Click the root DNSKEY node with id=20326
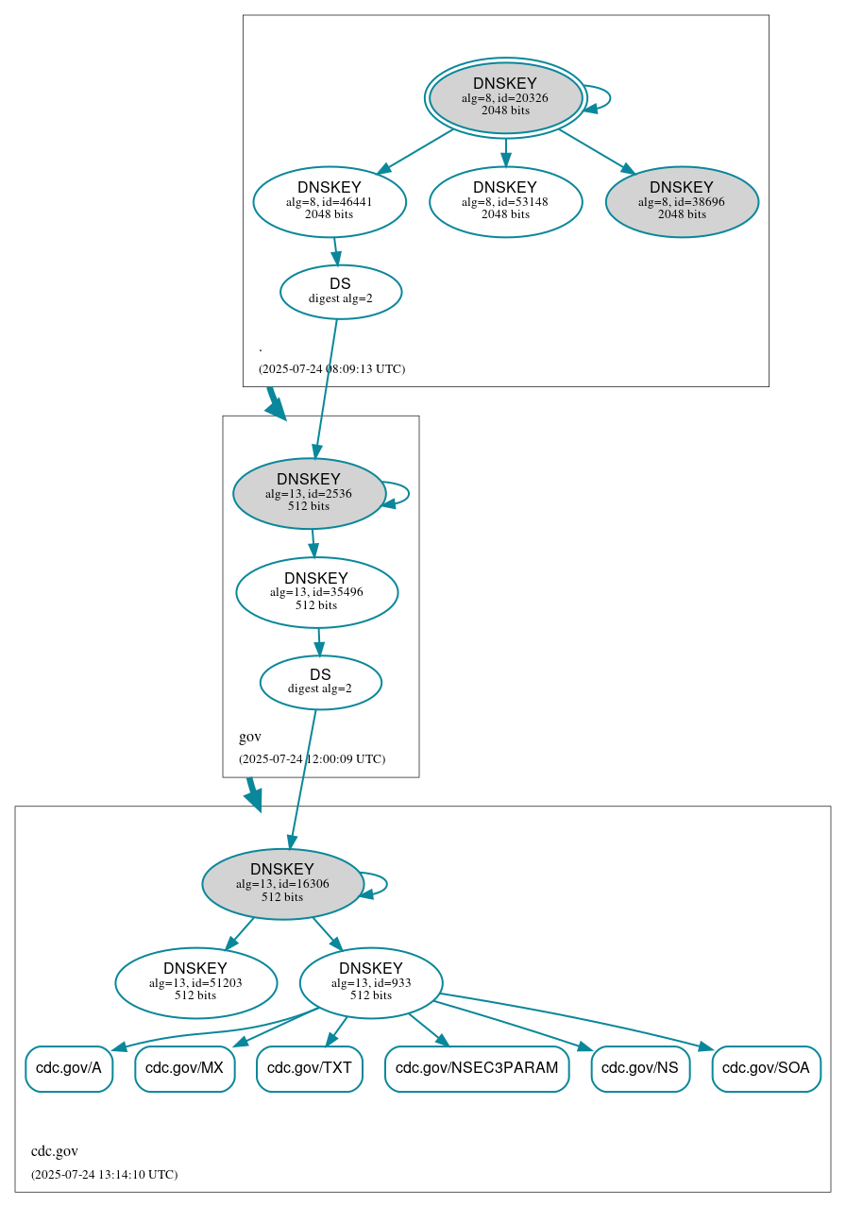pyautogui.click(x=505, y=97)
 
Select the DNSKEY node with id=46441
pyautogui.click(x=330, y=201)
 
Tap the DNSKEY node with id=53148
pyautogui.click(x=505, y=201)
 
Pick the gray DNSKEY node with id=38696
pyautogui.click(x=682, y=201)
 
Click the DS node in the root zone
pyautogui.click(x=341, y=292)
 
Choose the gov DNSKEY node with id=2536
pyautogui.click(x=309, y=493)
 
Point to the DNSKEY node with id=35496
pyautogui.click(x=316, y=592)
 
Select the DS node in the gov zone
pyautogui.click(x=320, y=682)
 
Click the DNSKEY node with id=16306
pyautogui.click(x=282, y=884)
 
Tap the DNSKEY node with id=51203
pyautogui.click(x=195, y=983)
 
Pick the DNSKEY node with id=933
pyautogui.click(x=371, y=983)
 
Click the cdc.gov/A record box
pyautogui.click(x=69, y=1069)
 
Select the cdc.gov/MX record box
pyautogui.click(x=184, y=1069)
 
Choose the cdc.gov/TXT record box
pyautogui.click(x=310, y=1069)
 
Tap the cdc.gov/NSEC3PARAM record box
pyautogui.click(x=477, y=1069)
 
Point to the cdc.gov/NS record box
pyautogui.click(x=640, y=1069)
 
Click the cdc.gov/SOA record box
pyautogui.click(x=766, y=1069)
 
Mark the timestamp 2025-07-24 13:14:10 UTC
pyautogui.click(x=104, y=1175)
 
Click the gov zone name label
pyautogui.click(x=250, y=737)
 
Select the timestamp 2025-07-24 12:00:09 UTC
pyautogui.click(x=312, y=759)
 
